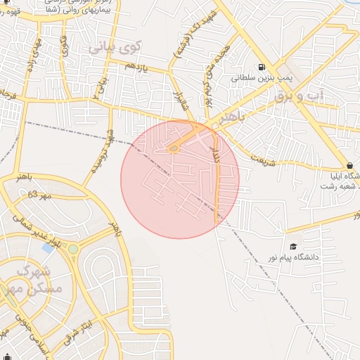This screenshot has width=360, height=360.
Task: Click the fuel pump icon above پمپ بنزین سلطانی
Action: (262, 68)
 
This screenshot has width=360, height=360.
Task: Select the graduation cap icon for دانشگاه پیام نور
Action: (292, 246)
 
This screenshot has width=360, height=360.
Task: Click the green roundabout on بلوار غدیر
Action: (72, 250)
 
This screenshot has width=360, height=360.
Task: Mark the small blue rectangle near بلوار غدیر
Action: (48, 247)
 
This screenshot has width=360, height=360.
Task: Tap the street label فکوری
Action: (64, 46)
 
